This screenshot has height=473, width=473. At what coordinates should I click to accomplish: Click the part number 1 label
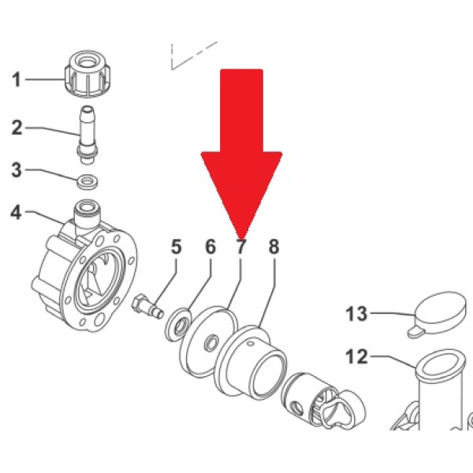pos(17,80)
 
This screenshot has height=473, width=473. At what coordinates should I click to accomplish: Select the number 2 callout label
pos(17,128)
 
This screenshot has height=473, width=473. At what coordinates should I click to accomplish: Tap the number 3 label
pos(17,169)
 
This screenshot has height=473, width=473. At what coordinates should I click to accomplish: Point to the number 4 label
pos(17,212)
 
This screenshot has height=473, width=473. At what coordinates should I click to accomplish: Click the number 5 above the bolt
pos(177,247)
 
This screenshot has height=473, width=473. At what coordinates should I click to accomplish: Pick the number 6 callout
pos(210,247)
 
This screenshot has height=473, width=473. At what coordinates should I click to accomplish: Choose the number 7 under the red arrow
pos(240,247)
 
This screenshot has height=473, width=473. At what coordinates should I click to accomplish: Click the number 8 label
pos(274,247)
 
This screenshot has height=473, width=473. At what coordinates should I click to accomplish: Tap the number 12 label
pos(357,356)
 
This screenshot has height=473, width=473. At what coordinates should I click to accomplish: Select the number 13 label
pos(357,314)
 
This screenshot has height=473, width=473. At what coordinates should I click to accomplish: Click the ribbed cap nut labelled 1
pos(88,74)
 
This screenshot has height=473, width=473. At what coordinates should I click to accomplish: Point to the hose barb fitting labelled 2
pos(88,135)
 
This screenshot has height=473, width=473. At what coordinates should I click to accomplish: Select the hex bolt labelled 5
pos(147,307)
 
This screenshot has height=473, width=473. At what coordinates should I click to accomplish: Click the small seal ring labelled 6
pos(179,324)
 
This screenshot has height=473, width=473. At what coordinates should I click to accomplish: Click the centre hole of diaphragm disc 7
pos(211,343)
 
